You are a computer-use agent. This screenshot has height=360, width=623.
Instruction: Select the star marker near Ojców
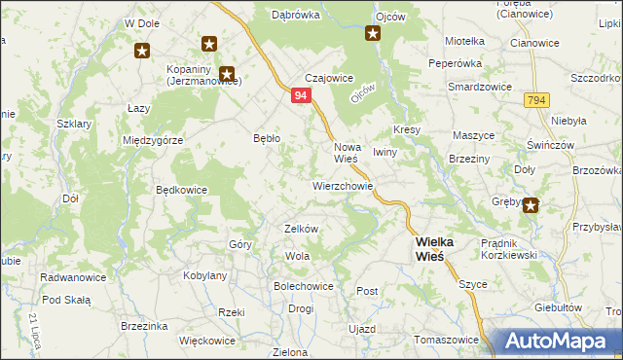click(x=373, y=34)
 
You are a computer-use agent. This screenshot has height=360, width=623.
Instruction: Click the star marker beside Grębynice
click(x=531, y=204)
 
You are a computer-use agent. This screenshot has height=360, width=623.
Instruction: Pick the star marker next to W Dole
click(x=142, y=50)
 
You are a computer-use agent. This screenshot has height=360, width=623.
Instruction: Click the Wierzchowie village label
click(x=343, y=184)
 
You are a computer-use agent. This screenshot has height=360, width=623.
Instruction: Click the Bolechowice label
click(x=304, y=287)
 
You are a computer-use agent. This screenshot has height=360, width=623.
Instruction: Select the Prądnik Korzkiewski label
click(x=503, y=248)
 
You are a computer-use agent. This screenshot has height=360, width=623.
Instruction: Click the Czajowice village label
click(x=328, y=78)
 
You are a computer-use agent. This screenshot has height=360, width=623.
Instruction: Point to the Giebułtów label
click(x=551, y=306)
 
